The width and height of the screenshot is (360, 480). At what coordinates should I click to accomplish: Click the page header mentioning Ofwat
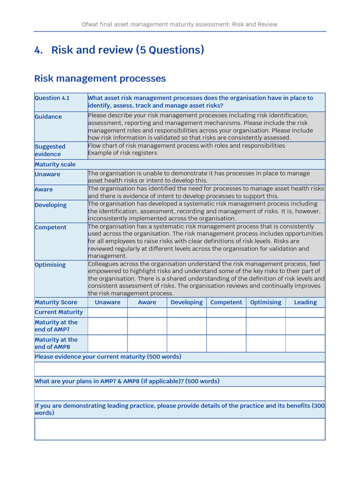(180, 24)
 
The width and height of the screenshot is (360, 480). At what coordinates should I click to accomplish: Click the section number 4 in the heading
(38, 50)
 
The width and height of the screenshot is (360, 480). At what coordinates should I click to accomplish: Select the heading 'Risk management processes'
(100, 78)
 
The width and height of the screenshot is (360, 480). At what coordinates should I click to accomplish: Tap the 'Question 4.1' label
(52, 98)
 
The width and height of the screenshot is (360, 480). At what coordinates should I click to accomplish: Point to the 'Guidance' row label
(48, 117)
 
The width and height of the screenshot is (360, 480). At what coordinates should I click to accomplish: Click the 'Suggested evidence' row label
(50, 150)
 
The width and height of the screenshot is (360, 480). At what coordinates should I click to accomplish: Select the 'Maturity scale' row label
(55, 165)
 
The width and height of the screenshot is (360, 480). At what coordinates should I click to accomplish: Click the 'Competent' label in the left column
(51, 227)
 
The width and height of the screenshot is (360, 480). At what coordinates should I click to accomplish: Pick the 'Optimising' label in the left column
(50, 265)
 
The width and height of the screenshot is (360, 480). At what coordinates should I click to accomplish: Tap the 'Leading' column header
(305, 302)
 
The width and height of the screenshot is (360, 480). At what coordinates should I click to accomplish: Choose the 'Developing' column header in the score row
(187, 302)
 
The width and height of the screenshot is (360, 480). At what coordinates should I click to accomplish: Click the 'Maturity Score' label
(56, 302)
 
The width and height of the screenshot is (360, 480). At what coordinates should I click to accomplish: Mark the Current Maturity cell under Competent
(226, 313)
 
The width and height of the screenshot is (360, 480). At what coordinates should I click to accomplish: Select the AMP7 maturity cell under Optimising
(266, 326)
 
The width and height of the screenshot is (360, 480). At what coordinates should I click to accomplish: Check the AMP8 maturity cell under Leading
(305, 344)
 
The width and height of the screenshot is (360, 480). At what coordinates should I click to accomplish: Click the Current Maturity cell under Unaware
(107, 313)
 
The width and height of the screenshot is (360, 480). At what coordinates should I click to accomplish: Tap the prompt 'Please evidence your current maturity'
(108, 357)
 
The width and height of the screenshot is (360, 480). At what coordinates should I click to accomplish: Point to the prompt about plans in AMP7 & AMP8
(127, 381)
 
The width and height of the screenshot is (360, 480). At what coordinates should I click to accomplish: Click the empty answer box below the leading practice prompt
(180, 429)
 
